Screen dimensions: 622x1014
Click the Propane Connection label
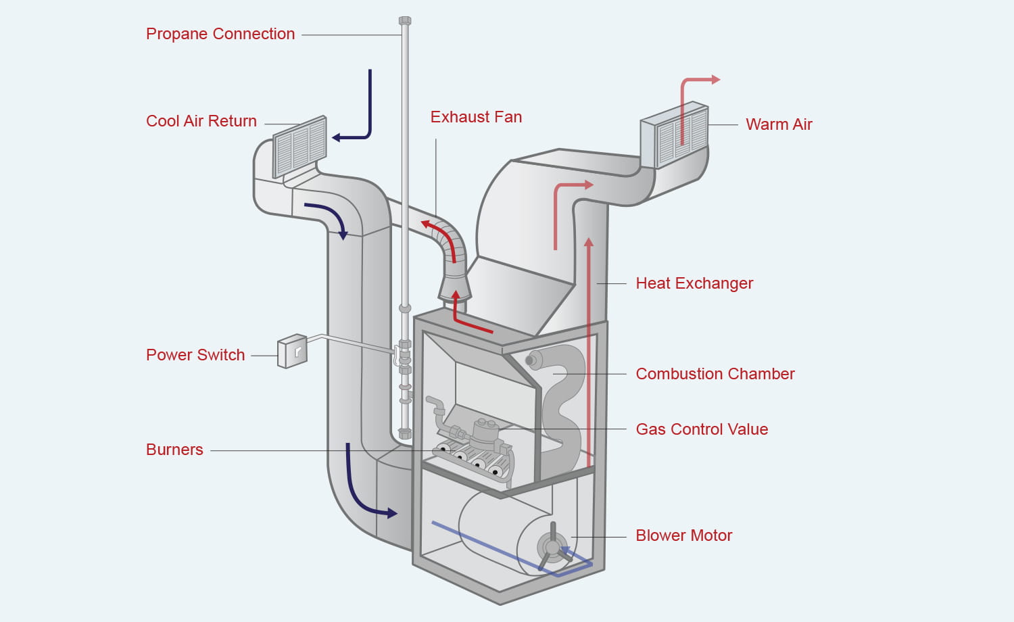pos(220,34)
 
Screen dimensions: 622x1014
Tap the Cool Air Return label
pos(201,121)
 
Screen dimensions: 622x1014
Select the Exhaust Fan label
pos(476,117)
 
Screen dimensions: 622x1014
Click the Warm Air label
pos(779,124)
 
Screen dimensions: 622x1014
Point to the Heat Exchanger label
pos(694,283)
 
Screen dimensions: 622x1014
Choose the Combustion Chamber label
pos(715,374)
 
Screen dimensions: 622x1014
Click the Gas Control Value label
pos(702,429)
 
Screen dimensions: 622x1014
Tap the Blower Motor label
pos(683,535)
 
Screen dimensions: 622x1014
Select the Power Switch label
pos(195,355)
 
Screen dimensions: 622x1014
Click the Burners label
pos(174,450)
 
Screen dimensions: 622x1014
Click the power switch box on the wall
pos(293,351)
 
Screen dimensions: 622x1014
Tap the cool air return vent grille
pos(299,147)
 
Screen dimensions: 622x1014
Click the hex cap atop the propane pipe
pos(405,21)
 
